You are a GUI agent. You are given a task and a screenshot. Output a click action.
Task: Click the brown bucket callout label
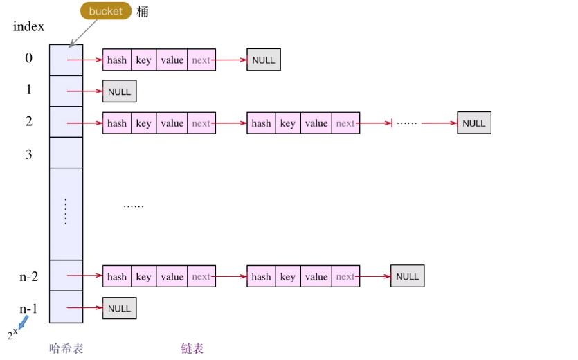click(106, 10)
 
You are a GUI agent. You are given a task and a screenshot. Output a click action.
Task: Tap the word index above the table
click(28, 26)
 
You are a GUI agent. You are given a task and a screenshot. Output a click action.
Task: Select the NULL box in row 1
click(120, 91)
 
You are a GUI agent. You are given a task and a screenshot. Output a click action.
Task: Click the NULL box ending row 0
click(264, 60)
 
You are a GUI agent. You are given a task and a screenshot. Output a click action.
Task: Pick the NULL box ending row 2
click(474, 123)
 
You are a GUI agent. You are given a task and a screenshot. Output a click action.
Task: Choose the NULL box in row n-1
click(120, 308)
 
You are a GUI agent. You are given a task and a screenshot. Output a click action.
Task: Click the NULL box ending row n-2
click(407, 276)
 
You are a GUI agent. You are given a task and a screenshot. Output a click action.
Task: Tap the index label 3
click(29, 154)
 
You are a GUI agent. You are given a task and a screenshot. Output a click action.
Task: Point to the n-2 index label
click(29, 276)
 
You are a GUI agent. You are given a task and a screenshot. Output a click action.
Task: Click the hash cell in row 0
click(117, 60)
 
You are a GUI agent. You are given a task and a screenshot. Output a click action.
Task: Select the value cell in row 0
click(172, 60)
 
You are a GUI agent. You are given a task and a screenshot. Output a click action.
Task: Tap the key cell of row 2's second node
click(288, 123)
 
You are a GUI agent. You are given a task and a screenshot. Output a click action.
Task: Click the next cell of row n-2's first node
click(201, 276)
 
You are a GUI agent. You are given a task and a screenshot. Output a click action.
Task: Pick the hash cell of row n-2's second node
click(261, 276)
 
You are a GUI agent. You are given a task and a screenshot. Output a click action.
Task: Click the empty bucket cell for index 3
click(66, 153)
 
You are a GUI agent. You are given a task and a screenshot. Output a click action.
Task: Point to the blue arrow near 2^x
click(24, 323)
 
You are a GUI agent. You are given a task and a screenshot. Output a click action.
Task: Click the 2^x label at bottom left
click(12, 334)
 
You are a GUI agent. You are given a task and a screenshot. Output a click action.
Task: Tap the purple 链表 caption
click(192, 348)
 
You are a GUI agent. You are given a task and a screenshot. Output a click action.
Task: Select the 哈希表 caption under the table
click(66, 348)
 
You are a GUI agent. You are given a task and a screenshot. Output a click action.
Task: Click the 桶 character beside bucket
click(143, 12)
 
